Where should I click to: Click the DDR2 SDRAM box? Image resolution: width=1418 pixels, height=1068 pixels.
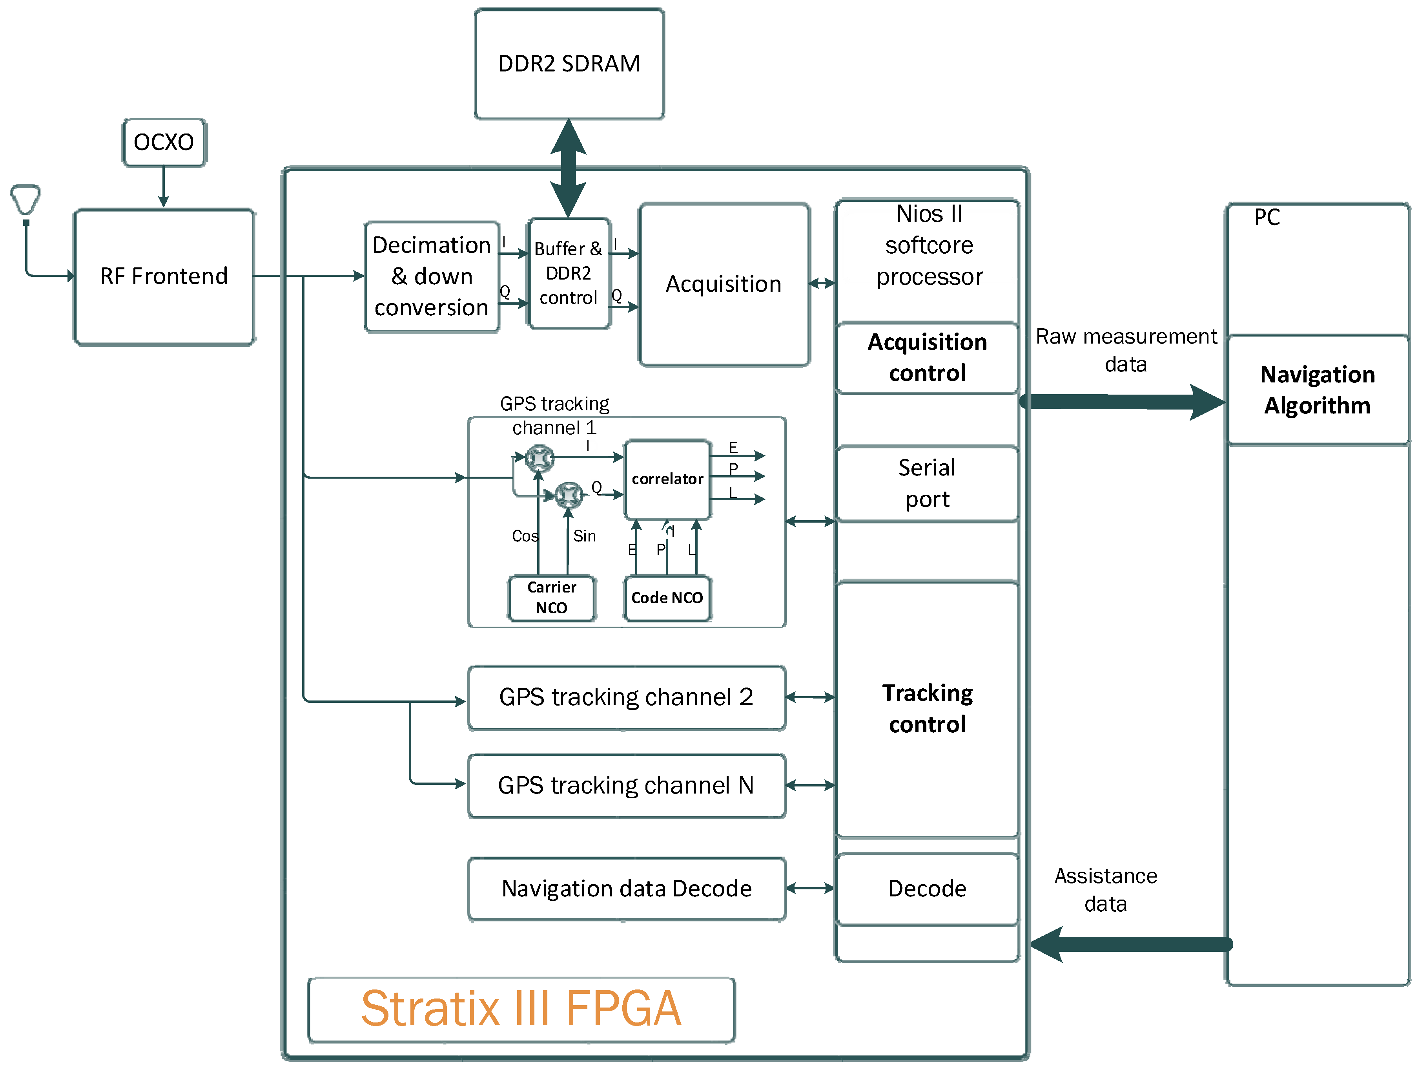coord(569,64)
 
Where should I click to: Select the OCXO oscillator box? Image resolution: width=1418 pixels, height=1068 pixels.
coord(164,142)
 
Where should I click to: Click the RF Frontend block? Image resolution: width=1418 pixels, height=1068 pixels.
coord(164,276)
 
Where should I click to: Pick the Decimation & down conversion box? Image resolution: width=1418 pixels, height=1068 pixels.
coord(432,276)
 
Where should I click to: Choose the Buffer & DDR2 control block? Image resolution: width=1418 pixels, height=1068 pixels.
coord(569,273)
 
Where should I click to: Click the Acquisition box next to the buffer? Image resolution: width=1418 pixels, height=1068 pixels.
coord(724,284)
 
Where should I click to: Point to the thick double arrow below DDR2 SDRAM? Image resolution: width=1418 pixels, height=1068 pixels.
coord(569,168)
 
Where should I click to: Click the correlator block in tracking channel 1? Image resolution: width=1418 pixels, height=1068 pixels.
coord(667,479)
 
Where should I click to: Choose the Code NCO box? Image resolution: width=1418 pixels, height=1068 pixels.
coord(667,598)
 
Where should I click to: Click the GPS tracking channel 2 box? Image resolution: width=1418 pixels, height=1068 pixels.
coord(626,697)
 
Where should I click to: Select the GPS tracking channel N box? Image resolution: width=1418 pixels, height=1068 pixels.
coord(626,786)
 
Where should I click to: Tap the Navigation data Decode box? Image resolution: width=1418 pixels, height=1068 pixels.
coord(626,889)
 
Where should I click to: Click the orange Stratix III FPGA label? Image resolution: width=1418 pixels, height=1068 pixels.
coord(521,1009)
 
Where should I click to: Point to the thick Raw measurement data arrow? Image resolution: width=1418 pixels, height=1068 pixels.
coord(1122,402)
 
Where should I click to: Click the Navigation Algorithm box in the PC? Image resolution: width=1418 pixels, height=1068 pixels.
coord(1317,390)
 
